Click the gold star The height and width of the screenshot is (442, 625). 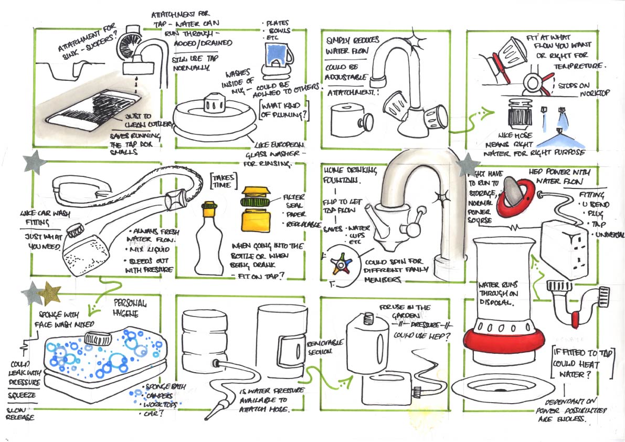click(51, 294)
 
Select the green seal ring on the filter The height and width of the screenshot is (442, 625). click(255, 200)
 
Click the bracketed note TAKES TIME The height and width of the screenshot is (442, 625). click(224, 180)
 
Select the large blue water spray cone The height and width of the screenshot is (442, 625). click(559, 138)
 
